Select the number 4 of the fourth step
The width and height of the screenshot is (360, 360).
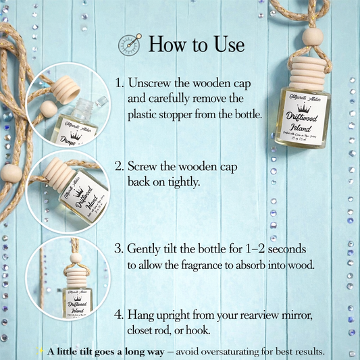coord(120,316)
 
